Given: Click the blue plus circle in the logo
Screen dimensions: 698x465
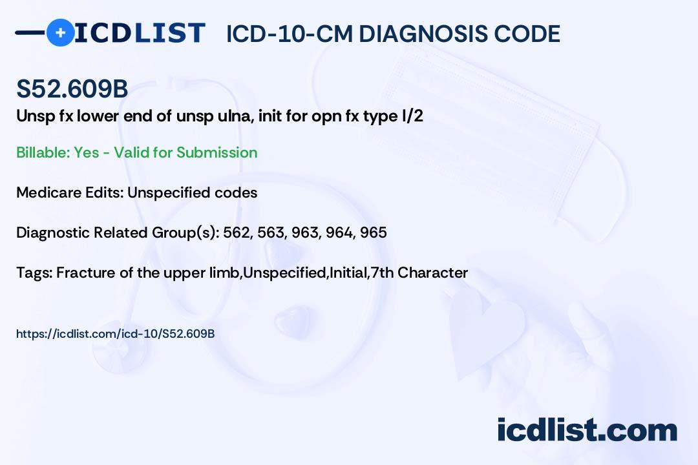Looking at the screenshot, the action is tap(60, 33).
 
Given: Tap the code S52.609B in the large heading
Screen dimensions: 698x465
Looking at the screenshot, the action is tap(72, 89).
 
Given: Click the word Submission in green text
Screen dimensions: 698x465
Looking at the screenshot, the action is tap(217, 152).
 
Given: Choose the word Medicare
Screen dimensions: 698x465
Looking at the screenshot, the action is tap(49, 192).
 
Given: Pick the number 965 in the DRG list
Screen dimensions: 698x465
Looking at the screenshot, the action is tap(374, 232).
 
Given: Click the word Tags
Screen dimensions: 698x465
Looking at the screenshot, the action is tap(35, 273).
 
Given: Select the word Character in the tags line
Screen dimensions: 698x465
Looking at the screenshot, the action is tap(432, 273).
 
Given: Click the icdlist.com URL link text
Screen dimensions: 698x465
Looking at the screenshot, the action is tap(115, 334).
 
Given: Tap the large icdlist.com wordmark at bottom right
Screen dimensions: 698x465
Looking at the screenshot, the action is tap(587, 429).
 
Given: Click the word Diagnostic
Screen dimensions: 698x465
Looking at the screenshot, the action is tap(53, 232).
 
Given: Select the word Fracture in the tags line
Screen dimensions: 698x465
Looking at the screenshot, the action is tap(86, 273).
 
